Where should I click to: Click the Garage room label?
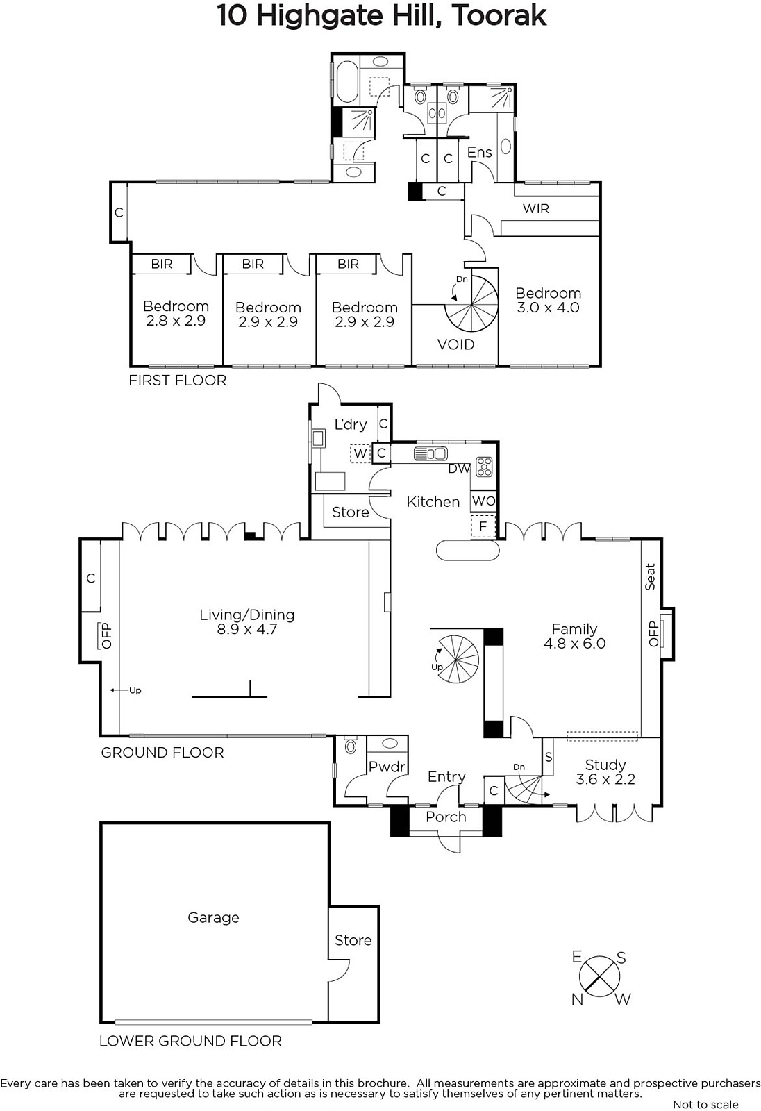click(213, 918)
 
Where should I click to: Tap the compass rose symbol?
click(600, 978)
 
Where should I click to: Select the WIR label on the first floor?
click(536, 208)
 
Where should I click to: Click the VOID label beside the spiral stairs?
click(455, 344)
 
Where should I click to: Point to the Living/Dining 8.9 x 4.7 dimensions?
click(246, 629)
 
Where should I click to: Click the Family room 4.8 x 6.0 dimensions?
click(574, 644)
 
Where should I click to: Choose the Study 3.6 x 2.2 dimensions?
click(605, 779)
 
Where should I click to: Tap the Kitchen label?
click(433, 502)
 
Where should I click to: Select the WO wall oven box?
click(484, 501)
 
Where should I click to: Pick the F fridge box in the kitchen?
click(483, 526)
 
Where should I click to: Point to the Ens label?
click(479, 152)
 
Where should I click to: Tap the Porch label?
click(446, 817)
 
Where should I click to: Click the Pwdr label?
click(387, 767)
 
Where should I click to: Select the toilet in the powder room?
click(350, 745)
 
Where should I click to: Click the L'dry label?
click(350, 424)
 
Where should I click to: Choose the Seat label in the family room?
click(650, 577)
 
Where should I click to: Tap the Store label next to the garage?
click(353, 940)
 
